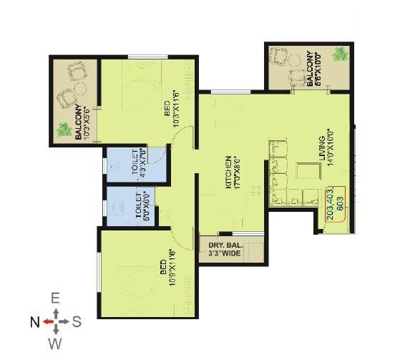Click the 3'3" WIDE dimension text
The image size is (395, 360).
225,253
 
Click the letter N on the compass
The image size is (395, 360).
34,321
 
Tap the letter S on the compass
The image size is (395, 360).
77,322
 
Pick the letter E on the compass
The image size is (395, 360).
55,298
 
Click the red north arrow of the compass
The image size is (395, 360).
47,321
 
